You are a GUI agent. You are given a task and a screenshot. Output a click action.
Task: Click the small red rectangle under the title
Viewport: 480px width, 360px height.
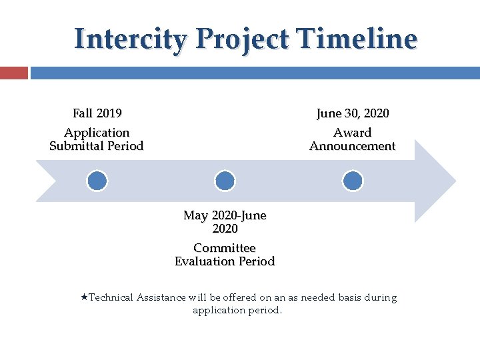tap(13, 73)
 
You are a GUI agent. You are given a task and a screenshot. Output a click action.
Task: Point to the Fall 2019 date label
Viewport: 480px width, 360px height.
tap(97, 113)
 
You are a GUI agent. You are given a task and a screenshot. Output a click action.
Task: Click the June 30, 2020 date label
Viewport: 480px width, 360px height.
tap(353, 113)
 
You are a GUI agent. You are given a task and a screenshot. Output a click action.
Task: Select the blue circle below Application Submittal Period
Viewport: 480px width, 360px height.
tap(97, 181)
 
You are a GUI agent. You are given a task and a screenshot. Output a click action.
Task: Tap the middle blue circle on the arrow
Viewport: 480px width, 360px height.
tap(225, 181)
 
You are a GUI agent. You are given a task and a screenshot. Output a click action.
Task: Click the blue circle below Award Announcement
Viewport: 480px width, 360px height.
tap(353, 181)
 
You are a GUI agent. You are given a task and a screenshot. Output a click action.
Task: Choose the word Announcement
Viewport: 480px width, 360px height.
tap(353, 146)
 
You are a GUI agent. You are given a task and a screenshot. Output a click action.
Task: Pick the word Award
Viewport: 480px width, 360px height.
tap(353, 133)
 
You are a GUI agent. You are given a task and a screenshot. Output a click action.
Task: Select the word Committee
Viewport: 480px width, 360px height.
tap(225, 248)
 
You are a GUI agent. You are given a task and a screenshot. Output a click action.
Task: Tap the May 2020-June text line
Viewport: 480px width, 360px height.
tap(225, 215)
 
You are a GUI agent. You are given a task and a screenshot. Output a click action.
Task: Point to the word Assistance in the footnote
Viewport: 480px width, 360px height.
tap(161, 297)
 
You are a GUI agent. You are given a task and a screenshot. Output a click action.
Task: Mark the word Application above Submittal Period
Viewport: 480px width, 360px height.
tap(97, 133)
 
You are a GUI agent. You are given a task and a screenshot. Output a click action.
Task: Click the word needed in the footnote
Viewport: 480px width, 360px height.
tap(319, 297)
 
